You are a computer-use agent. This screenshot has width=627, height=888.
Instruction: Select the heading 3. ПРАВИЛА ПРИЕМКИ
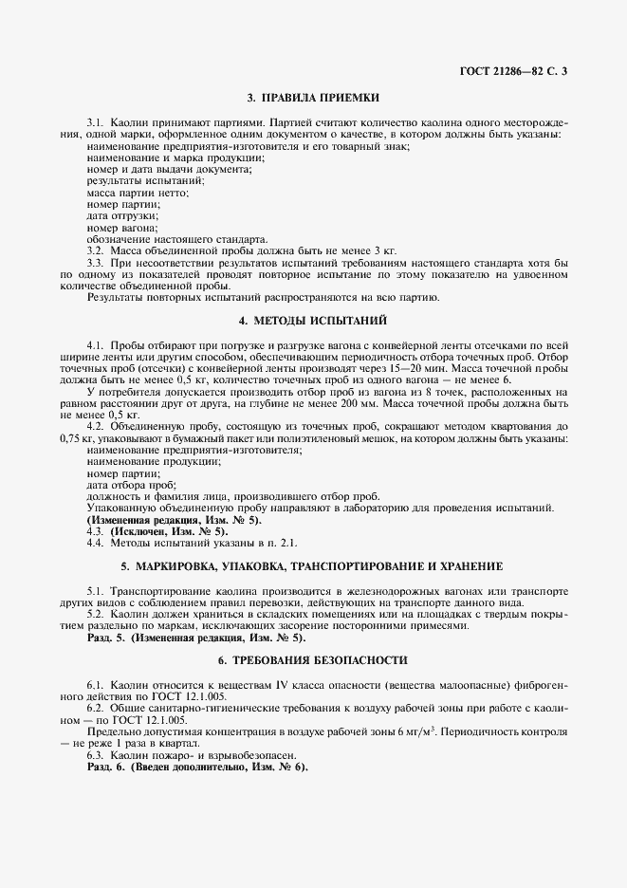point(313,97)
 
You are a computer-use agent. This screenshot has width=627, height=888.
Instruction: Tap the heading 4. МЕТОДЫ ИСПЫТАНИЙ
point(313,322)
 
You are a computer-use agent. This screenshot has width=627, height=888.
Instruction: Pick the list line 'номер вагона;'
point(117,229)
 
